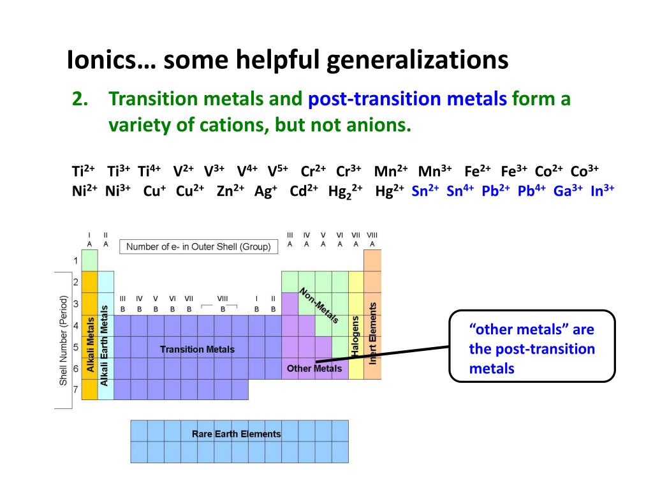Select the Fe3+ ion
click(514, 171)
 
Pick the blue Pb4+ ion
click(531, 191)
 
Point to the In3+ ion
click(602, 191)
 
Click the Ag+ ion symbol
click(264, 191)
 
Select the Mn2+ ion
click(391, 171)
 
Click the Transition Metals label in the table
click(197, 349)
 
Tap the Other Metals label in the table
click(314, 368)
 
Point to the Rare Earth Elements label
click(236, 434)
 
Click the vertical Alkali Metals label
click(90, 345)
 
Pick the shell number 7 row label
click(75, 389)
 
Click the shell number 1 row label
click(75, 260)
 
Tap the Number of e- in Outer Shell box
click(198, 246)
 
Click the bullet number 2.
click(79, 99)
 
